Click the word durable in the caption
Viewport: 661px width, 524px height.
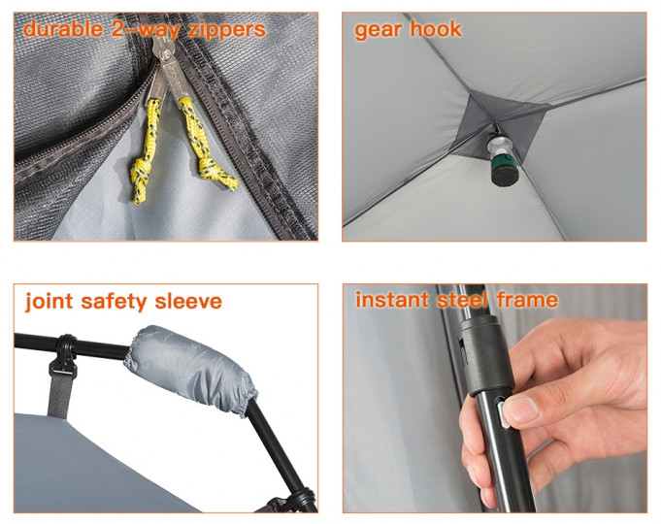click(63, 29)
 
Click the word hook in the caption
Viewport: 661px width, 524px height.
click(436, 29)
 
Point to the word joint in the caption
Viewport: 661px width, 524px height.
click(49, 302)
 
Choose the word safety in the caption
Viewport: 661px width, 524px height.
click(114, 302)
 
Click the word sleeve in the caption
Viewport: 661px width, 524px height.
click(188, 301)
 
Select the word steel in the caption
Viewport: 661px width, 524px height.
click(462, 299)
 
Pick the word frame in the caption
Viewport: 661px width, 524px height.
click(527, 299)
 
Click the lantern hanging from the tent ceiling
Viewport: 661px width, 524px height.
click(502, 159)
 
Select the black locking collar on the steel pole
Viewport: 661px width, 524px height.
click(484, 355)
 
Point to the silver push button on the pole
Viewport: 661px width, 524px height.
click(502, 413)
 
